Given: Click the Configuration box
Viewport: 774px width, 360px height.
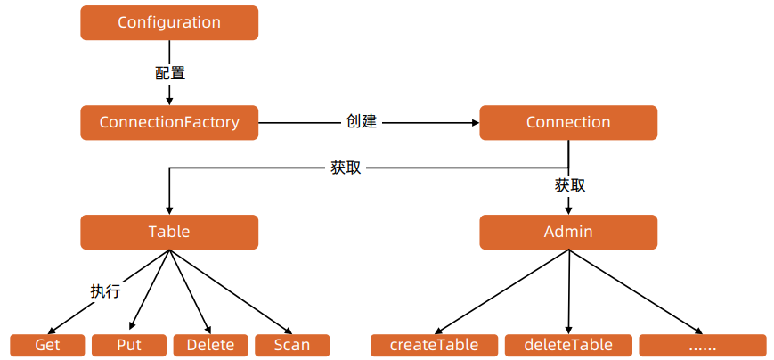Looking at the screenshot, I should (169, 22).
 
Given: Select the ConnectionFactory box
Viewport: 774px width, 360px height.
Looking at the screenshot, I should (169, 123).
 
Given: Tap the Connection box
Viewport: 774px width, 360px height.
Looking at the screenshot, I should (568, 123).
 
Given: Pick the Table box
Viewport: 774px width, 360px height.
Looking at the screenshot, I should (169, 232).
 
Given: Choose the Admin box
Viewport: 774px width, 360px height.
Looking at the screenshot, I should (568, 232).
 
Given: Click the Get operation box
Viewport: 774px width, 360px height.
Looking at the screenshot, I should (47, 345).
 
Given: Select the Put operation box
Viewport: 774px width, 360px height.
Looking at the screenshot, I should (129, 345).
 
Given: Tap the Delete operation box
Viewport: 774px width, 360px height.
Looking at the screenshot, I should (210, 345).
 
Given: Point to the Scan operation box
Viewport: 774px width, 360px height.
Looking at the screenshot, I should (292, 345).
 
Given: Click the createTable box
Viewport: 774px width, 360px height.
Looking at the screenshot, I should (435, 345).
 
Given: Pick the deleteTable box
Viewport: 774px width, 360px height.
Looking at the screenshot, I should (569, 345).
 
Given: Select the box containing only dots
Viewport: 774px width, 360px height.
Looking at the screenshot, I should (702, 345).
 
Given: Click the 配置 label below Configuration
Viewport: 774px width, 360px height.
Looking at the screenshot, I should (170, 73).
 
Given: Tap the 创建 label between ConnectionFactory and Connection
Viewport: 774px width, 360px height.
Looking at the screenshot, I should (362, 121).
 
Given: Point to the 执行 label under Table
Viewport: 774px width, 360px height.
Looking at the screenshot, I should (105, 290).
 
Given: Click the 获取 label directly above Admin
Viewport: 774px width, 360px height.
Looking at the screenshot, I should (570, 185).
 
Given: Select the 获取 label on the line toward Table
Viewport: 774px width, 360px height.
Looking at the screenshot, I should (346, 167).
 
